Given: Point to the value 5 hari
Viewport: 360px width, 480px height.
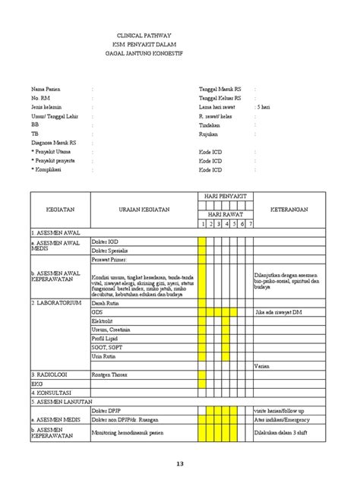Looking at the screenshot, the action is [264, 107].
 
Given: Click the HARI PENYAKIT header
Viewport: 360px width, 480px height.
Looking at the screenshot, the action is [226, 197].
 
